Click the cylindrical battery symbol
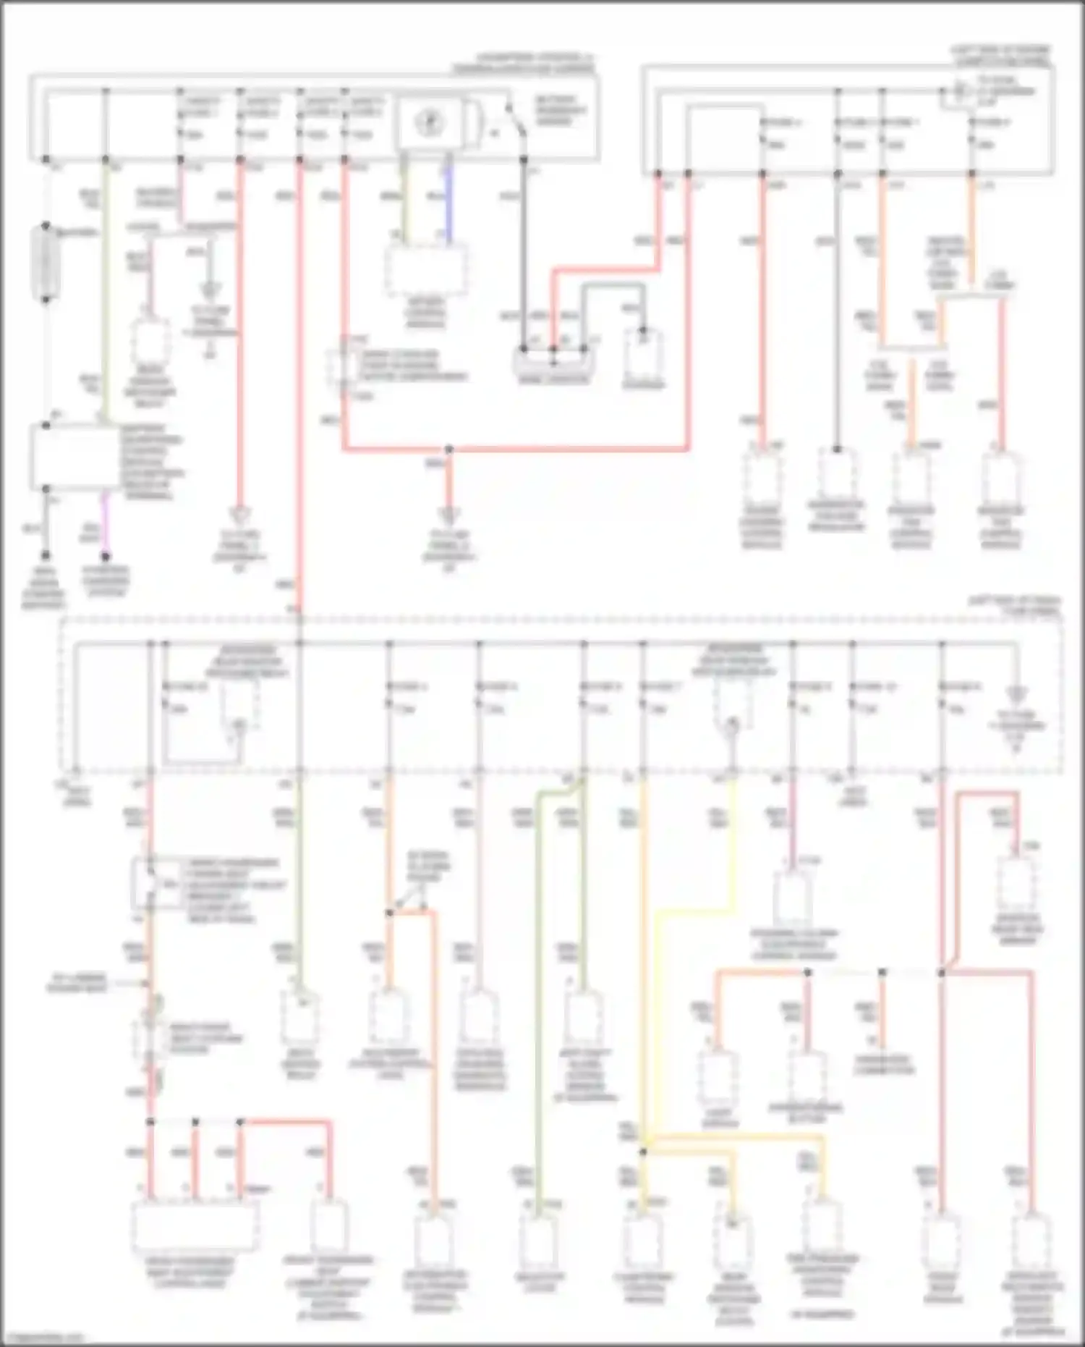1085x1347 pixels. coord(46,262)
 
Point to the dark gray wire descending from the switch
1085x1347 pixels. coord(524,253)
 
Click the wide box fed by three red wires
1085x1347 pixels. coord(194,1227)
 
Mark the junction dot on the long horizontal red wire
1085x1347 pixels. coord(448,449)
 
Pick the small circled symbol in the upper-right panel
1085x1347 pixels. coord(959,93)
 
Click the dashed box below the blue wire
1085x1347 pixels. coord(426,269)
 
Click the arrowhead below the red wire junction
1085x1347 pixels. coord(448,515)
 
